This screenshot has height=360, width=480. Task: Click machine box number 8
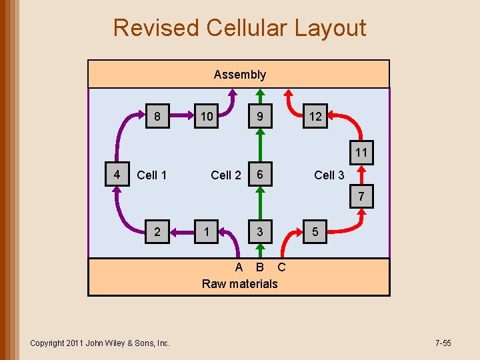click(157, 117)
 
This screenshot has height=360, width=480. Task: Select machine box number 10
click(207, 117)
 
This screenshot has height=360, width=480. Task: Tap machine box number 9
click(261, 117)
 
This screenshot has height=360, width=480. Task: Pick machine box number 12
click(315, 117)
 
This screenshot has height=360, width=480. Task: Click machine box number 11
click(361, 153)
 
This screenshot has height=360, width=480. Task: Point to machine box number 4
click(117, 175)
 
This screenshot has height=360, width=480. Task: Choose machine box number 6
click(261, 175)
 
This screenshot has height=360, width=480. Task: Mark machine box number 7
click(361, 197)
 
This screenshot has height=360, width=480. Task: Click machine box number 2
click(157, 232)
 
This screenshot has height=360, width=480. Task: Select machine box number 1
click(207, 232)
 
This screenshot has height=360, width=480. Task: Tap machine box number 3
click(261, 232)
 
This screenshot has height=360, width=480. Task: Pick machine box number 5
click(315, 232)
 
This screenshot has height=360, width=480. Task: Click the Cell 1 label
click(151, 175)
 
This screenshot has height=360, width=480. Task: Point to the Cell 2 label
click(225, 175)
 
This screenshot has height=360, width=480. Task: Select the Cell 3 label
click(329, 175)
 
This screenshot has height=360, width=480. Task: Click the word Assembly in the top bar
click(239, 75)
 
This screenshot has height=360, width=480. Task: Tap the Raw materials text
click(239, 284)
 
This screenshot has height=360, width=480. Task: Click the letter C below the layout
click(281, 267)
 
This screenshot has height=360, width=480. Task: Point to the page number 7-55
click(443, 343)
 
